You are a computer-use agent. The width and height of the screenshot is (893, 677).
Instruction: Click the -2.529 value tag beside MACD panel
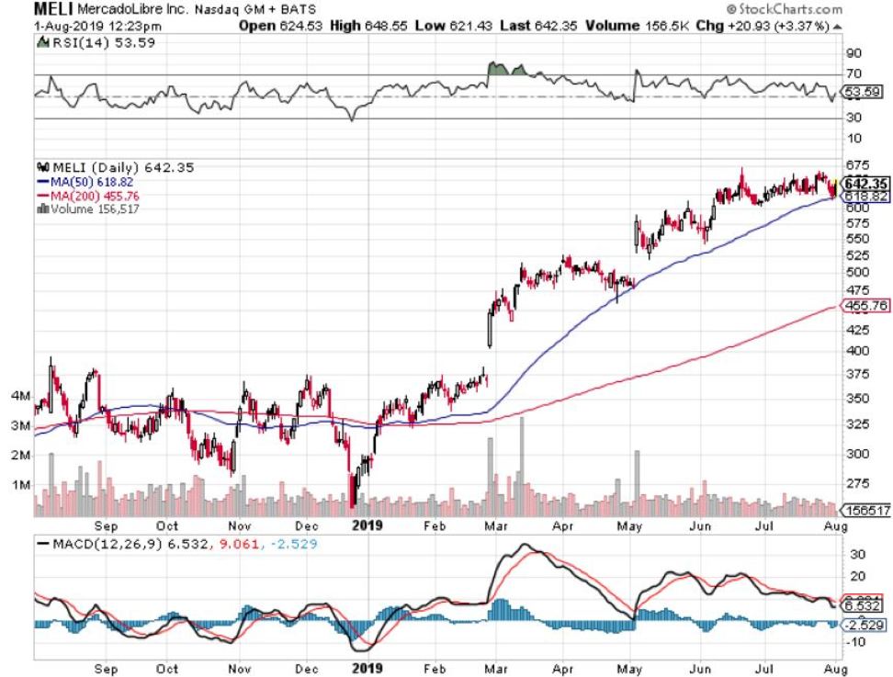tap(865, 625)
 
